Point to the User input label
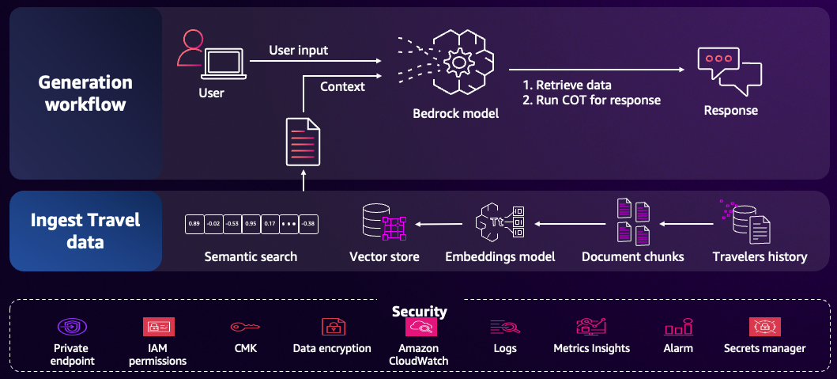[x=299, y=51]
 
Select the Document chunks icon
[x=633, y=222]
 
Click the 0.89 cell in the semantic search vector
[x=194, y=224]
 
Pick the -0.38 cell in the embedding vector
[x=309, y=224]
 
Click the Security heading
[x=419, y=312]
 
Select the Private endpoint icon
[x=71, y=327]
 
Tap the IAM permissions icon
[x=158, y=327]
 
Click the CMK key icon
[x=245, y=327]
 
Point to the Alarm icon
[x=678, y=327]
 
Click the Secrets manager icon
[x=764, y=327]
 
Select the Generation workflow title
[x=85, y=93]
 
